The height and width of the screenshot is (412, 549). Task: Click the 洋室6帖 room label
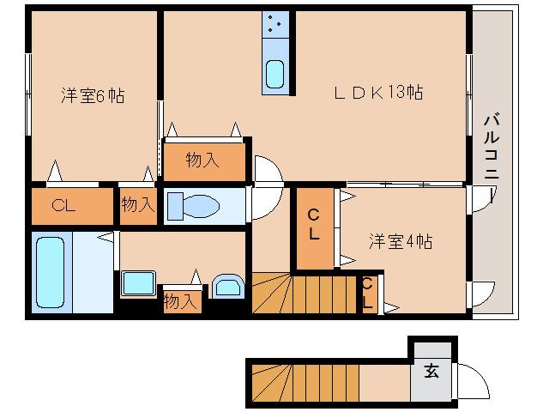pos(92,96)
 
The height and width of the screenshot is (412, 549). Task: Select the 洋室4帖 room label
pos(401,241)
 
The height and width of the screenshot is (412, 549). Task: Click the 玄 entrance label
pos(431,373)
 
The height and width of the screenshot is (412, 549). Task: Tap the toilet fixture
pos(194,206)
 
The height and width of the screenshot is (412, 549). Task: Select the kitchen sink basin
pos(275,75)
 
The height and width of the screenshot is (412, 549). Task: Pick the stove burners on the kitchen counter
pos(275,26)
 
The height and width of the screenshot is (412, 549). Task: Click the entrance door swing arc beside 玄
pos(470,379)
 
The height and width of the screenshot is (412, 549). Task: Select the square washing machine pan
pos(137,283)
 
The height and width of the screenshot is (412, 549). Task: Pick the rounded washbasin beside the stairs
pos(227,286)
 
